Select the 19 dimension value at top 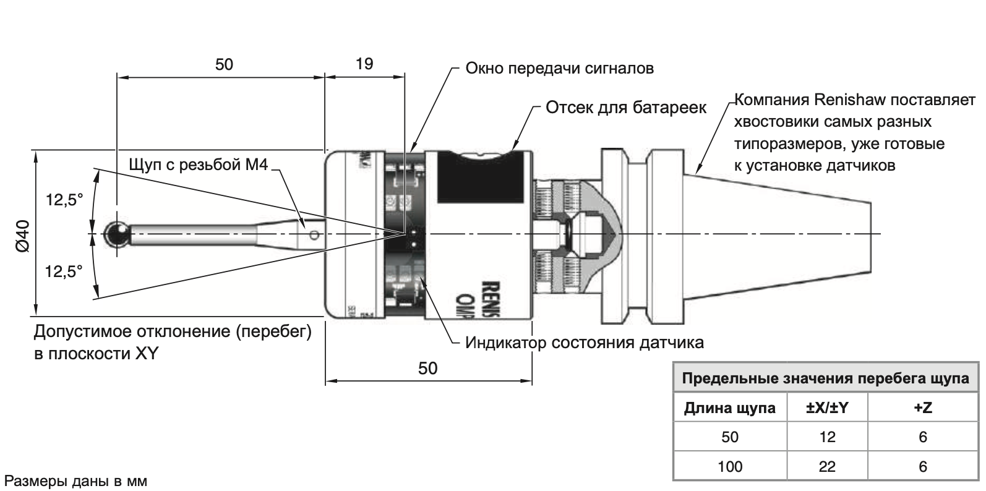pos(365,63)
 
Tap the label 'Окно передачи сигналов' pos(559,68)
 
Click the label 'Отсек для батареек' pos(625,108)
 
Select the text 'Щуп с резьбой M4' pos(199,165)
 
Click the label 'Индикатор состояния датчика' pos(585,342)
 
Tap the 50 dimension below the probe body pos(427,369)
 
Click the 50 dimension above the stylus pos(224,64)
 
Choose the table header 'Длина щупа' pos(729,408)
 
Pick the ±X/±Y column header pos(827,408)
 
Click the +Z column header pos(922,408)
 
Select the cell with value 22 pos(827,466)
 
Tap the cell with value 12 pos(827,438)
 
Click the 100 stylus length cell pos(729,466)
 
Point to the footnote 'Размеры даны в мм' pos(75,480)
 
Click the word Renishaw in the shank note pos(852,100)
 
